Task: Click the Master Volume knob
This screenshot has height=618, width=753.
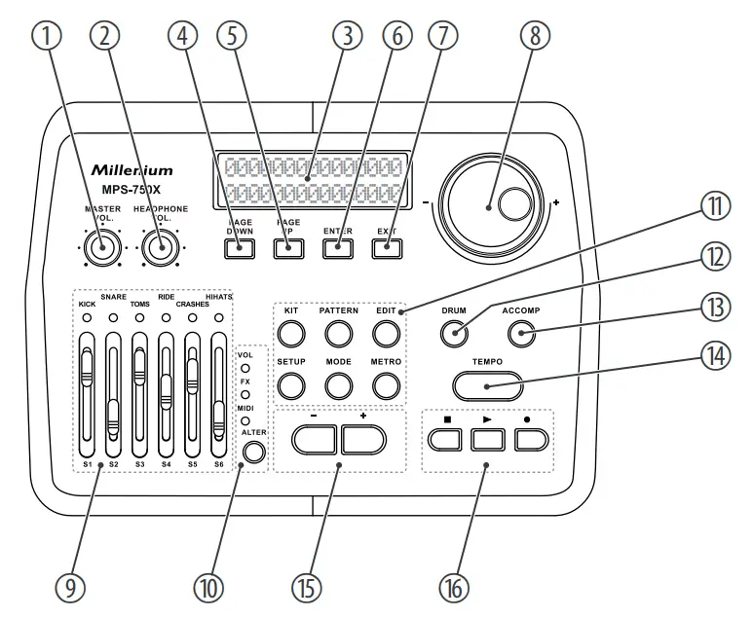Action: point(98,249)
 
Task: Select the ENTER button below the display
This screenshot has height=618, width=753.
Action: point(337,247)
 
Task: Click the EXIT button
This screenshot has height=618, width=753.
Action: point(386,247)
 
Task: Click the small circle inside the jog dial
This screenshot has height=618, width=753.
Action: point(513,204)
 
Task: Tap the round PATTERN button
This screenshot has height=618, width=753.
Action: point(338,335)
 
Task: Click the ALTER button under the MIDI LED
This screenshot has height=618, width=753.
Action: point(254,452)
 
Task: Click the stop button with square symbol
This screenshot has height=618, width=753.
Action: point(442,439)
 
